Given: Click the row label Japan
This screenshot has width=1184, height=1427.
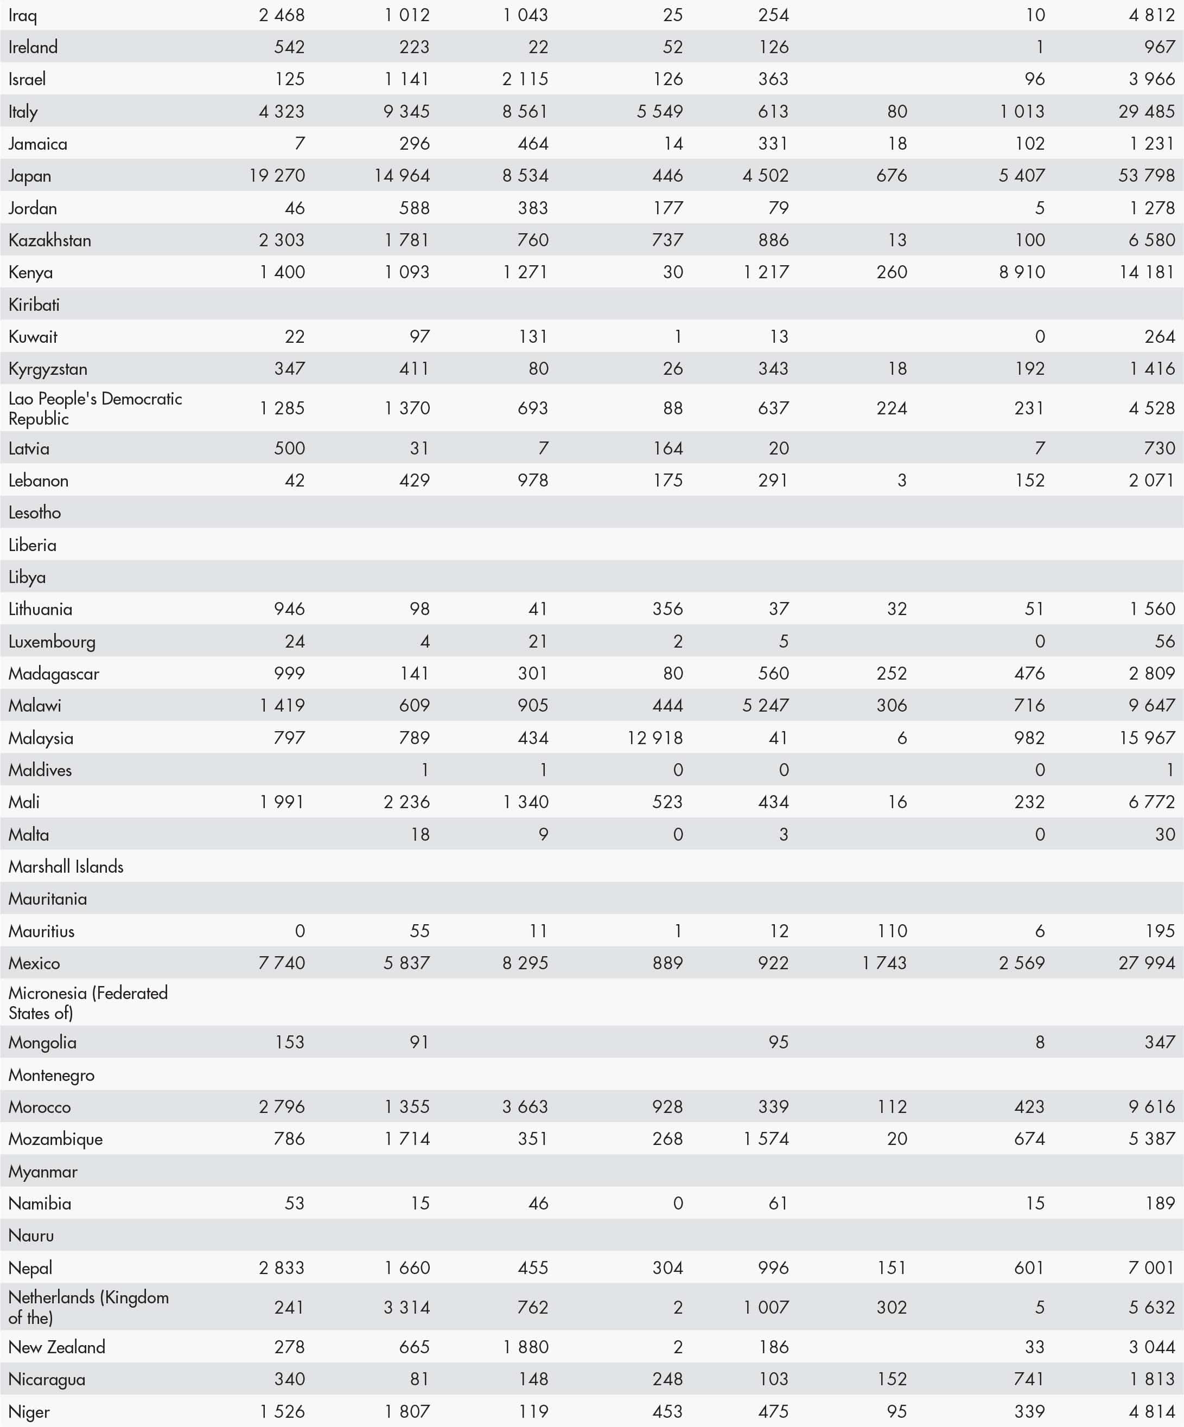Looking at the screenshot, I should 30,176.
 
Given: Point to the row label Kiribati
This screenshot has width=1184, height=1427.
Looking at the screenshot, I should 34,304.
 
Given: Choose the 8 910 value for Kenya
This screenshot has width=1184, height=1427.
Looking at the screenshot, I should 1022,272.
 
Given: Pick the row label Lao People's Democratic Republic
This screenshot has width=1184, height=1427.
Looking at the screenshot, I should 95,408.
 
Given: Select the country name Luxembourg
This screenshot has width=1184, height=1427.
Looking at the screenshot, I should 52,642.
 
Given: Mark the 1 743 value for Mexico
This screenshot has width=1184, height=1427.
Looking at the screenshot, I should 884,963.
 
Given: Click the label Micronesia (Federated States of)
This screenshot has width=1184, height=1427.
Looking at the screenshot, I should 88,1003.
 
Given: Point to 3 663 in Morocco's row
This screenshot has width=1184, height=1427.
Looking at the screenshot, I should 525,1107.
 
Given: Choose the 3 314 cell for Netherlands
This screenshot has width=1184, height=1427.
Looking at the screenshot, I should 406,1307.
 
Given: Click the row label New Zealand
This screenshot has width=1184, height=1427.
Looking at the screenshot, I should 57,1347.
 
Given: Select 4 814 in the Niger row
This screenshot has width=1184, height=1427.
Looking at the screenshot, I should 1151,1411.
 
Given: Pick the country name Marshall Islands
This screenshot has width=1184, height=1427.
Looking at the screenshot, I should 66,866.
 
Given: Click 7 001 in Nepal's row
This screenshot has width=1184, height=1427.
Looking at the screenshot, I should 1151,1268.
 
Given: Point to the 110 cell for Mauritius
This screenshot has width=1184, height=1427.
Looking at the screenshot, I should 892,931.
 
